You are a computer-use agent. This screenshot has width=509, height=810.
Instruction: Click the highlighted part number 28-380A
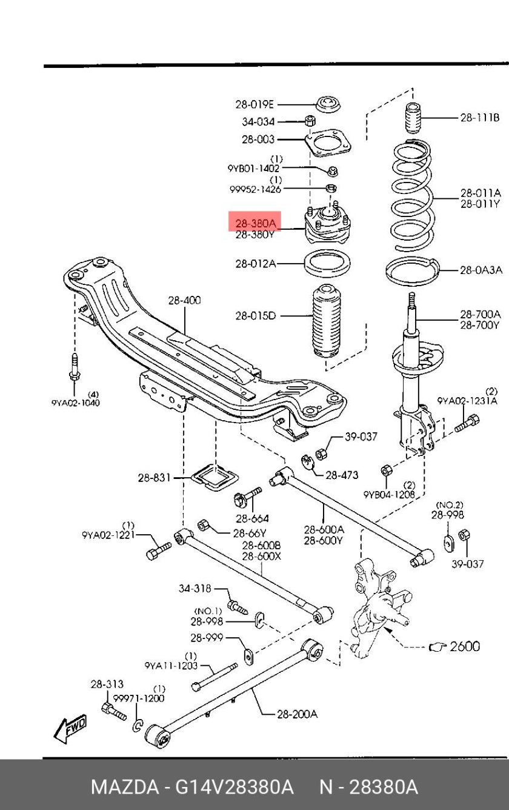tap(254, 222)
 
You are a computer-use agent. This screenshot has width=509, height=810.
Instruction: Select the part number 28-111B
tap(479, 118)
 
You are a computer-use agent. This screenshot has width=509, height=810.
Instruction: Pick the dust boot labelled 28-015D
tap(328, 321)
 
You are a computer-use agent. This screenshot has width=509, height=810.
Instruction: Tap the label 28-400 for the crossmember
tap(185, 300)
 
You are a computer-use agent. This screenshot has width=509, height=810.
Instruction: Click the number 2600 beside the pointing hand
tap(464, 646)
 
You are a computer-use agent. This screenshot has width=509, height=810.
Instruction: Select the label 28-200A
tap(297, 714)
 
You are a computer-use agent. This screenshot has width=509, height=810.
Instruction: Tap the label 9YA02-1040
tap(76, 403)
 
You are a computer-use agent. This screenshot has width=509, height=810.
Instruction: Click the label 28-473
tap(342, 475)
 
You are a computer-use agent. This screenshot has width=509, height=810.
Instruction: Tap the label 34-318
tap(195, 588)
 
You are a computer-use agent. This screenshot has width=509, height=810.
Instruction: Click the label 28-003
tap(258, 139)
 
